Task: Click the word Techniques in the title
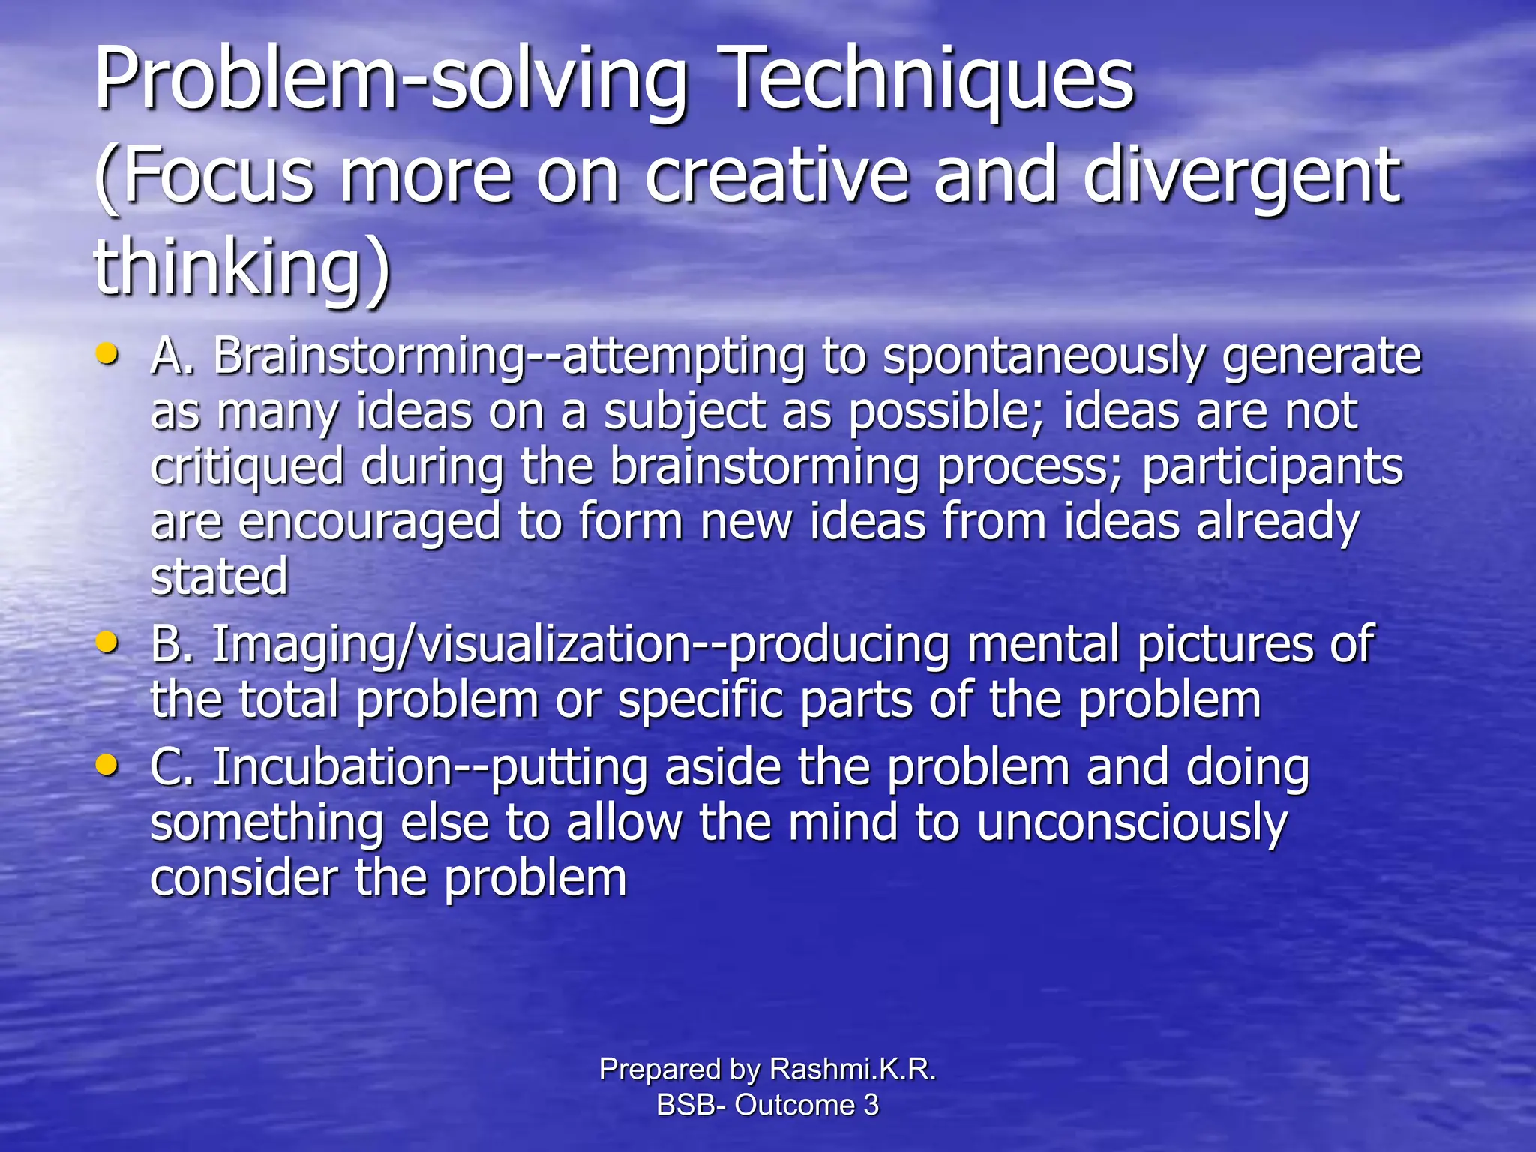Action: [930, 79]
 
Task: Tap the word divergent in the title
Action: [1241, 176]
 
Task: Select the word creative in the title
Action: [776, 176]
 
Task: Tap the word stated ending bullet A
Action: [219, 577]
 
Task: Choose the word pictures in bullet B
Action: [1225, 645]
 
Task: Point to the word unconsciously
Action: [1132, 823]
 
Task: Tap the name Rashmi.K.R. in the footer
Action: [853, 1069]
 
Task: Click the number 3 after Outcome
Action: [871, 1105]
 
